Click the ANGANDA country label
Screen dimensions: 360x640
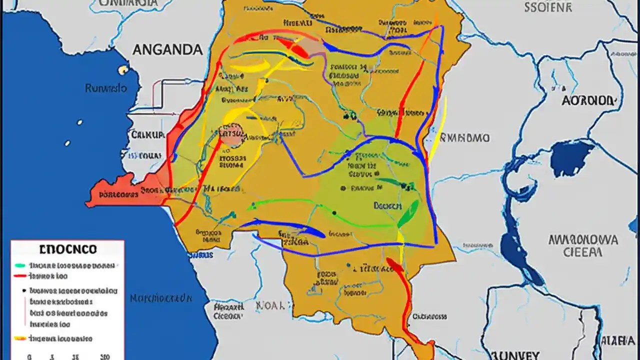(x=167, y=49)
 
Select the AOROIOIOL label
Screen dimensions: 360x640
(x=587, y=100)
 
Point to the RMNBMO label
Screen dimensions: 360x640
(x=465, y=137)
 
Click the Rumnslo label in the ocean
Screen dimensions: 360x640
(x=105, y=88)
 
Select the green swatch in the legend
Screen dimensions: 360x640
(x=20, y=265)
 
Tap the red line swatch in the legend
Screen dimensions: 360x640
(x=20, y=275)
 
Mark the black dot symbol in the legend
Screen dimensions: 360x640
(x=23, y=290)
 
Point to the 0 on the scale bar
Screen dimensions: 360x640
(x=29, y=356)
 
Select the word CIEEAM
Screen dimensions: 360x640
(x=582, y=252)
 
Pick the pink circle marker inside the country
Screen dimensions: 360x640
(x=231, y=134)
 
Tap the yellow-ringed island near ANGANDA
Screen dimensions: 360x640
(x=122, y=70)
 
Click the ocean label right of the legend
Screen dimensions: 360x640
(x=160, y=298)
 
